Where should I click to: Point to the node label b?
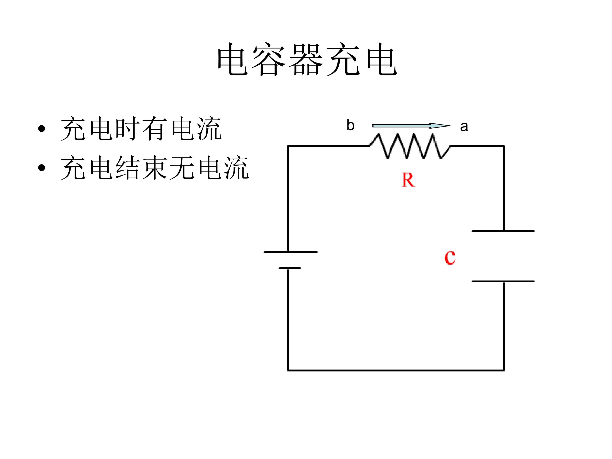point(350,125)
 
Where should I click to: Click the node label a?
point(464,126)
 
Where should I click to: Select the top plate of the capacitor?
point(503,231)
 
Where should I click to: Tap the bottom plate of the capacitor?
point(503,281)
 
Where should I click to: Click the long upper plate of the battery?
point(290,252)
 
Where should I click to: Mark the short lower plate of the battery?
point(289,268)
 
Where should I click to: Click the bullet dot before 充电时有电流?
point(41,129)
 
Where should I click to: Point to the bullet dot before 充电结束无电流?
point(41,168)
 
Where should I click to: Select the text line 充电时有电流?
point(141,129)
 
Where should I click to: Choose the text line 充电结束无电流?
point(155,168)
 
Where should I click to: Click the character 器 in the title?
point(306,59)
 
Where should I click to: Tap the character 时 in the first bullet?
point(127,129)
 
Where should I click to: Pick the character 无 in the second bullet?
point(182,168)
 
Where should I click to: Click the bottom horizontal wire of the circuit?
point(396,370)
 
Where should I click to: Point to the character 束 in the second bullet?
point(155,168)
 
